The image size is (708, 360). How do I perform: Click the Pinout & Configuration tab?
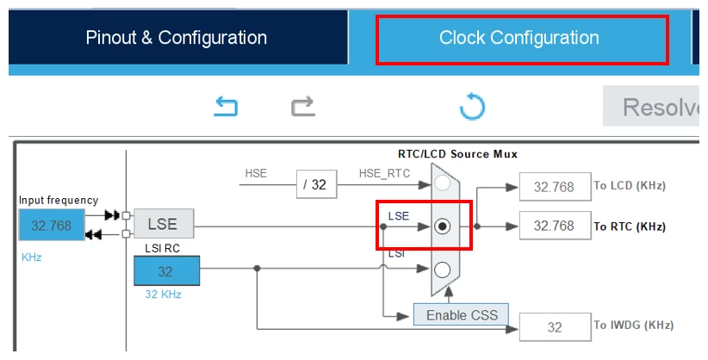click(x=177, y=38)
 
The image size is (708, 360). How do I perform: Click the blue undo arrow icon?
click(x=226, y=107)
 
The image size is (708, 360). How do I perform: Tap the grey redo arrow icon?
click(x=303, y=107)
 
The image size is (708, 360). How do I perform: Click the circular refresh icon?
click(x=472, y=107)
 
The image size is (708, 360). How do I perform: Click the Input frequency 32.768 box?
click(x=52, y=225)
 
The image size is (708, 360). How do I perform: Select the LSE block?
click(x=164, y=224)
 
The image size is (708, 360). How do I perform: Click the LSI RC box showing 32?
click(x=166, y=271)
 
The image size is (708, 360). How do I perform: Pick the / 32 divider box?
click(x=316, y=184)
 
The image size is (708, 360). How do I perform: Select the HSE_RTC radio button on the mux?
click(x=442, y=183)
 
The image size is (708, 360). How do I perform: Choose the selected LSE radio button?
click(x=442, y=226)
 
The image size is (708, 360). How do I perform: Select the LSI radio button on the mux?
click(x=442, y=270)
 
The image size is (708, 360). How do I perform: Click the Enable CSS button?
click(x=462, y=315)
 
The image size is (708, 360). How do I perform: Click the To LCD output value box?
click(x=555, y=187)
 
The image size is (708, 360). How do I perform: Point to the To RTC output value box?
click(x=555, y=226)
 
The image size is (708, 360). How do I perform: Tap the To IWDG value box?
click(x=555, y=327)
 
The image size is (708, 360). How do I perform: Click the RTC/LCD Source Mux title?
click(x=457, y=154)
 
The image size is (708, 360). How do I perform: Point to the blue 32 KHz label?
click(x=163, y=295)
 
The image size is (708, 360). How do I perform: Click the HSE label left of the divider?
click(x=256, y=173)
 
